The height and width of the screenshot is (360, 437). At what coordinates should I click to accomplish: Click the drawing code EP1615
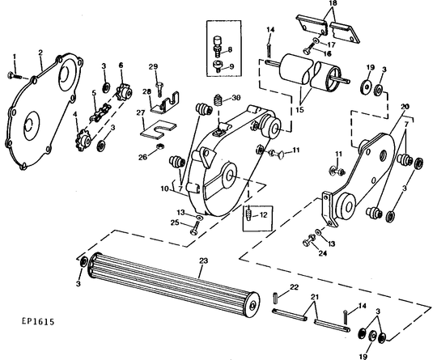tap(38, 321)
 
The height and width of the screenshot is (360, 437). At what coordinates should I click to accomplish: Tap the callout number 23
tap(204, 260)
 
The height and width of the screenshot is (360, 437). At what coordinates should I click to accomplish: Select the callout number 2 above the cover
tap(40, 53)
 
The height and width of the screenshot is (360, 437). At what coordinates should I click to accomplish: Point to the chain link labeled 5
tap(100, 112)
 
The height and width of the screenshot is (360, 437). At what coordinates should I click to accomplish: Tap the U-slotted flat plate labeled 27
tap(158, 129)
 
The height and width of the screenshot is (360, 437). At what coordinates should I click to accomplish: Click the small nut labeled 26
tap(159, 146)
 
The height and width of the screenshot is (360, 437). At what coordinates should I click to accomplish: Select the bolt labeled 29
tap(159, 88)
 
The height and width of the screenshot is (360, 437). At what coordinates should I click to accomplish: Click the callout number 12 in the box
tap(263, 215)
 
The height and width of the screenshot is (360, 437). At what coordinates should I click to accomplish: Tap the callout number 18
tap(333, 3)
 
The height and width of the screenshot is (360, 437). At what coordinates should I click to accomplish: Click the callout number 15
tap(299, 109)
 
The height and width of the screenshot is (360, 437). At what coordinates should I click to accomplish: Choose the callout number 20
tap(405, 107)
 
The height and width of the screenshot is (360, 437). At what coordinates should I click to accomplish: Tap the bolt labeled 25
tap(195, 228)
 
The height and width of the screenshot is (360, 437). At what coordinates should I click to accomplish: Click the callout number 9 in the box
tap(231, 66)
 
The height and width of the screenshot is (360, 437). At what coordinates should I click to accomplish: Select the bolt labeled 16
tap(307, 51)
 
